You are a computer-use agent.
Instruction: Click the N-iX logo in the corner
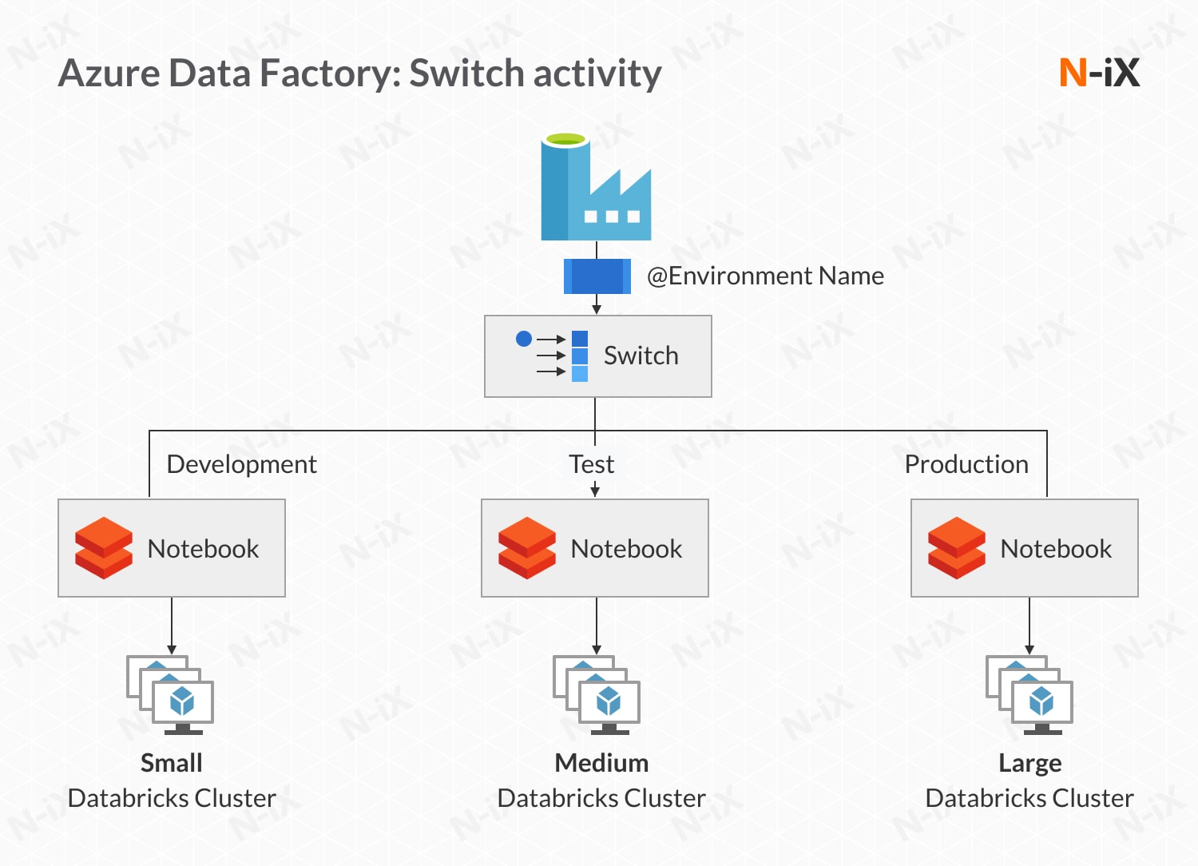click(x=1099, y=73)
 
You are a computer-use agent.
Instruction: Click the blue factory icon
click(x=595, y=189)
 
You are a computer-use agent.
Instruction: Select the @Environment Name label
click(x=765, y=276)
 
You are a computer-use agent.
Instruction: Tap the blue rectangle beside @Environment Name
click(x=597, y=276)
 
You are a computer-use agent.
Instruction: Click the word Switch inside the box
click(x=641, y=356)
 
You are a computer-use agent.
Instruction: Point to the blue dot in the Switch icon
click(x=524, y=339)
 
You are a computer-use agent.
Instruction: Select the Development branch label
click(x=241, y=464)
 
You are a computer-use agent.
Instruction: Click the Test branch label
click(x=591, y=464)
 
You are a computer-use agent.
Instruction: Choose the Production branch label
click(x=966, y=464)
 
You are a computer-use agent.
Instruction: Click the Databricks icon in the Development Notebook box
click(x=104, y=548)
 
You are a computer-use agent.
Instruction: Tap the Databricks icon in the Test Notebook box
click(x=527, y=548)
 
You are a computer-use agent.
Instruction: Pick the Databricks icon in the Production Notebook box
click(x=957, y=548)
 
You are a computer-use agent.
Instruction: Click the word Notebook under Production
click(x=1056, y=549)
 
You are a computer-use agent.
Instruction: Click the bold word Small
click(x=171, y=763)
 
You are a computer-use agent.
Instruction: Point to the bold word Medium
click(x=601, y=763)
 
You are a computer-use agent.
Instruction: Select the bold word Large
click(x=1029, y=764)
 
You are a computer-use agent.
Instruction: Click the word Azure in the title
click(x=109, y=73)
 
